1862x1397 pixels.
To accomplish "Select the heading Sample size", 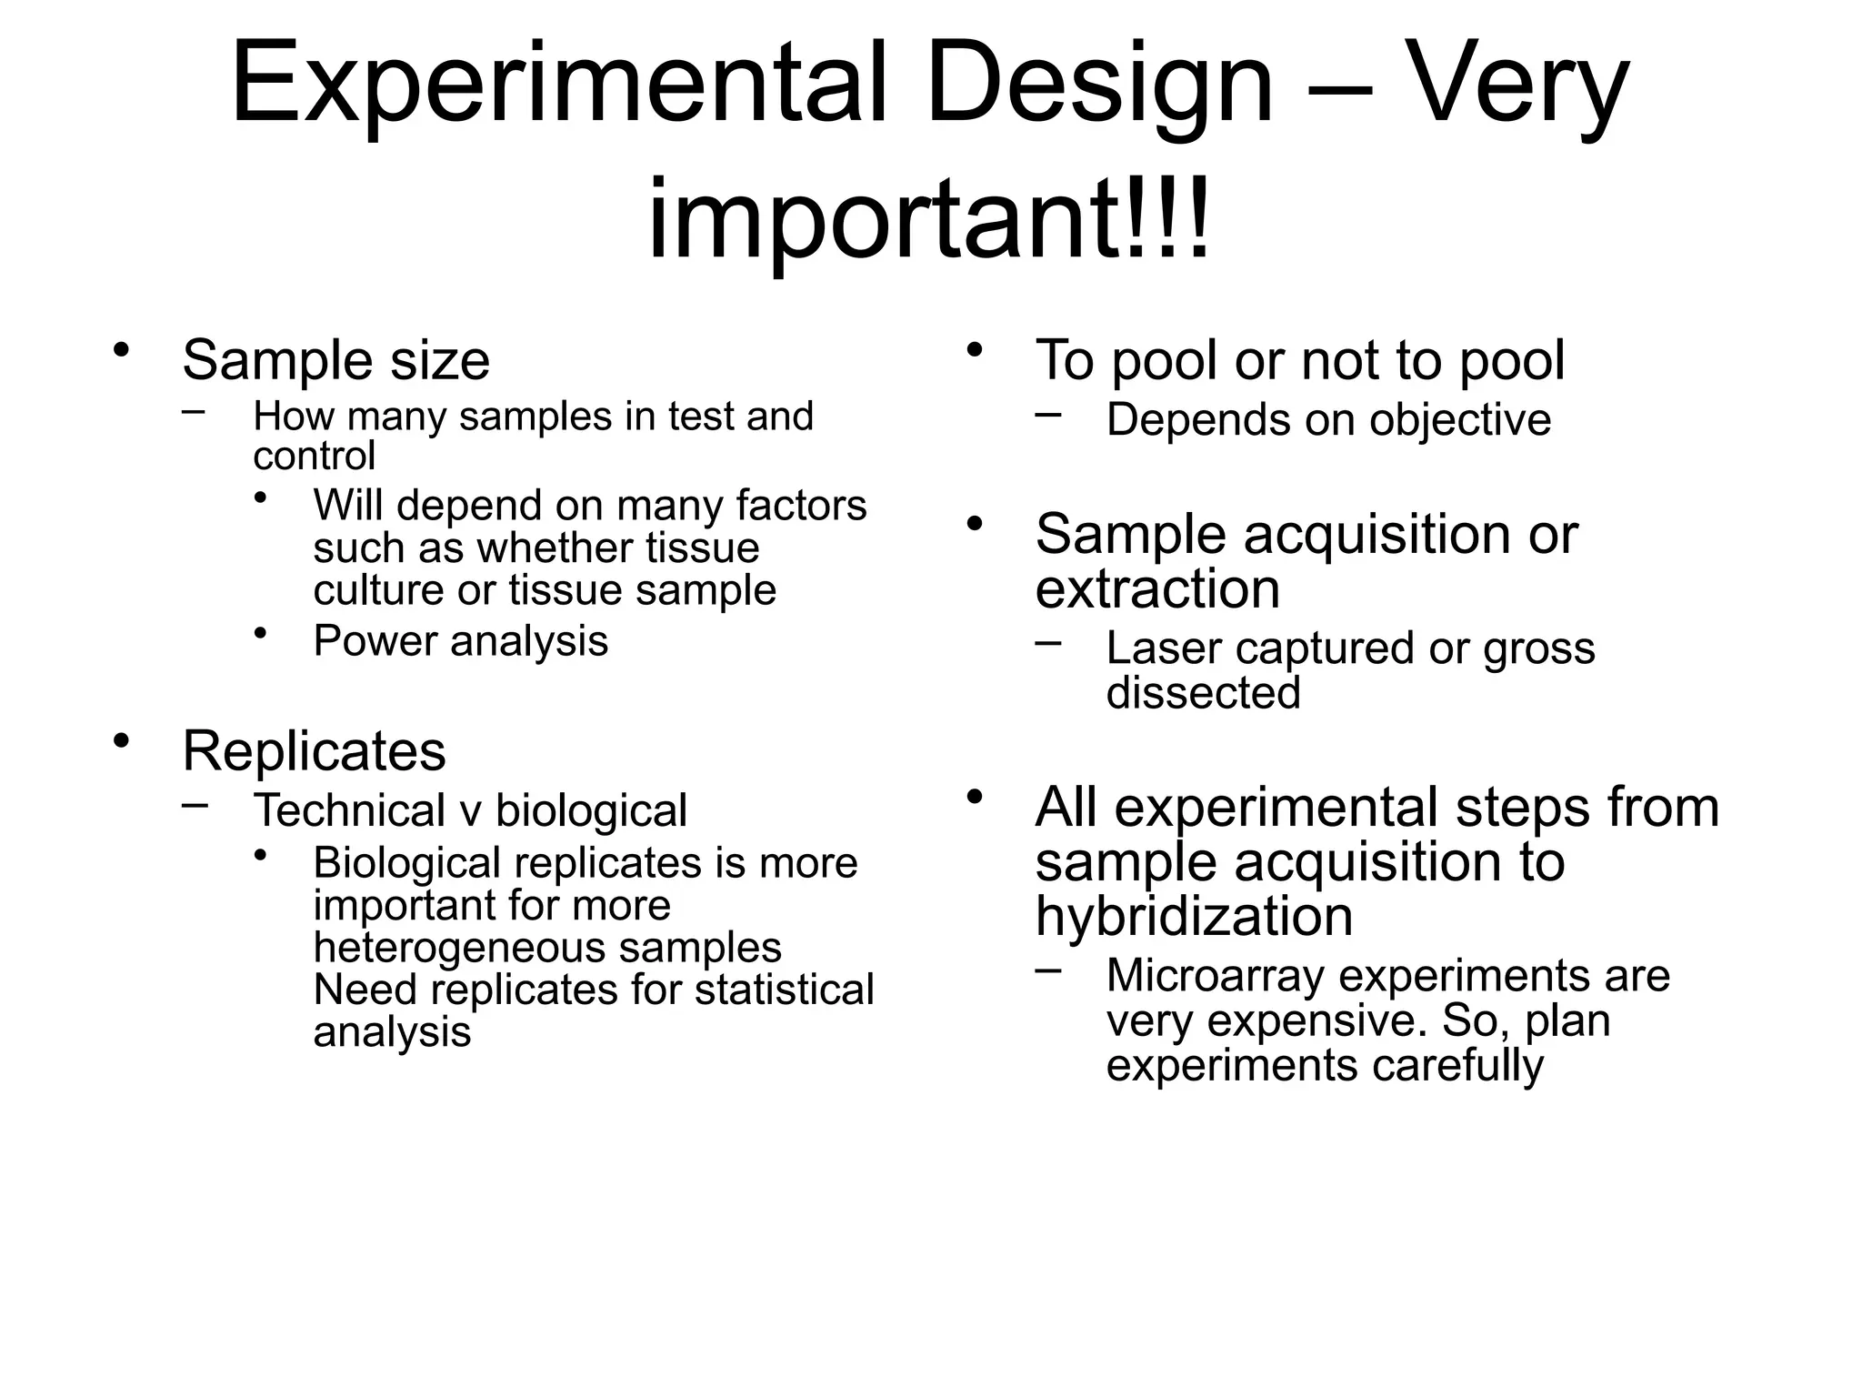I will tap(335, 360).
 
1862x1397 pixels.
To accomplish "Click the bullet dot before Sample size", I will tap(121, 350).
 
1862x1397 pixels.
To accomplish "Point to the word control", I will tap(314, 456).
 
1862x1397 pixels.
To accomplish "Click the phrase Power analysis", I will tap(460, 640).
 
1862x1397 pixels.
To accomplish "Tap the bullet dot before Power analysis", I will tap(262, 631).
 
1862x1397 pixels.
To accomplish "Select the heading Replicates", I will tap(314, 751).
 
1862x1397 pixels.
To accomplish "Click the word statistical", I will tap(784, 990).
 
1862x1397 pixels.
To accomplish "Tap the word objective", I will tap(1460, 421).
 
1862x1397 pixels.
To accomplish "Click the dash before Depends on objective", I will tap(1048, 415).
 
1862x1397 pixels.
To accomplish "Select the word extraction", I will tap(1156, 588).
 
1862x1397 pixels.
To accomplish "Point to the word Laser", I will tap(1164, 648).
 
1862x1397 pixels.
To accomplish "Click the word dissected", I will tap(1203, 693).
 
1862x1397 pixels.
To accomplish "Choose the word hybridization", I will tap(1194, 916).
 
